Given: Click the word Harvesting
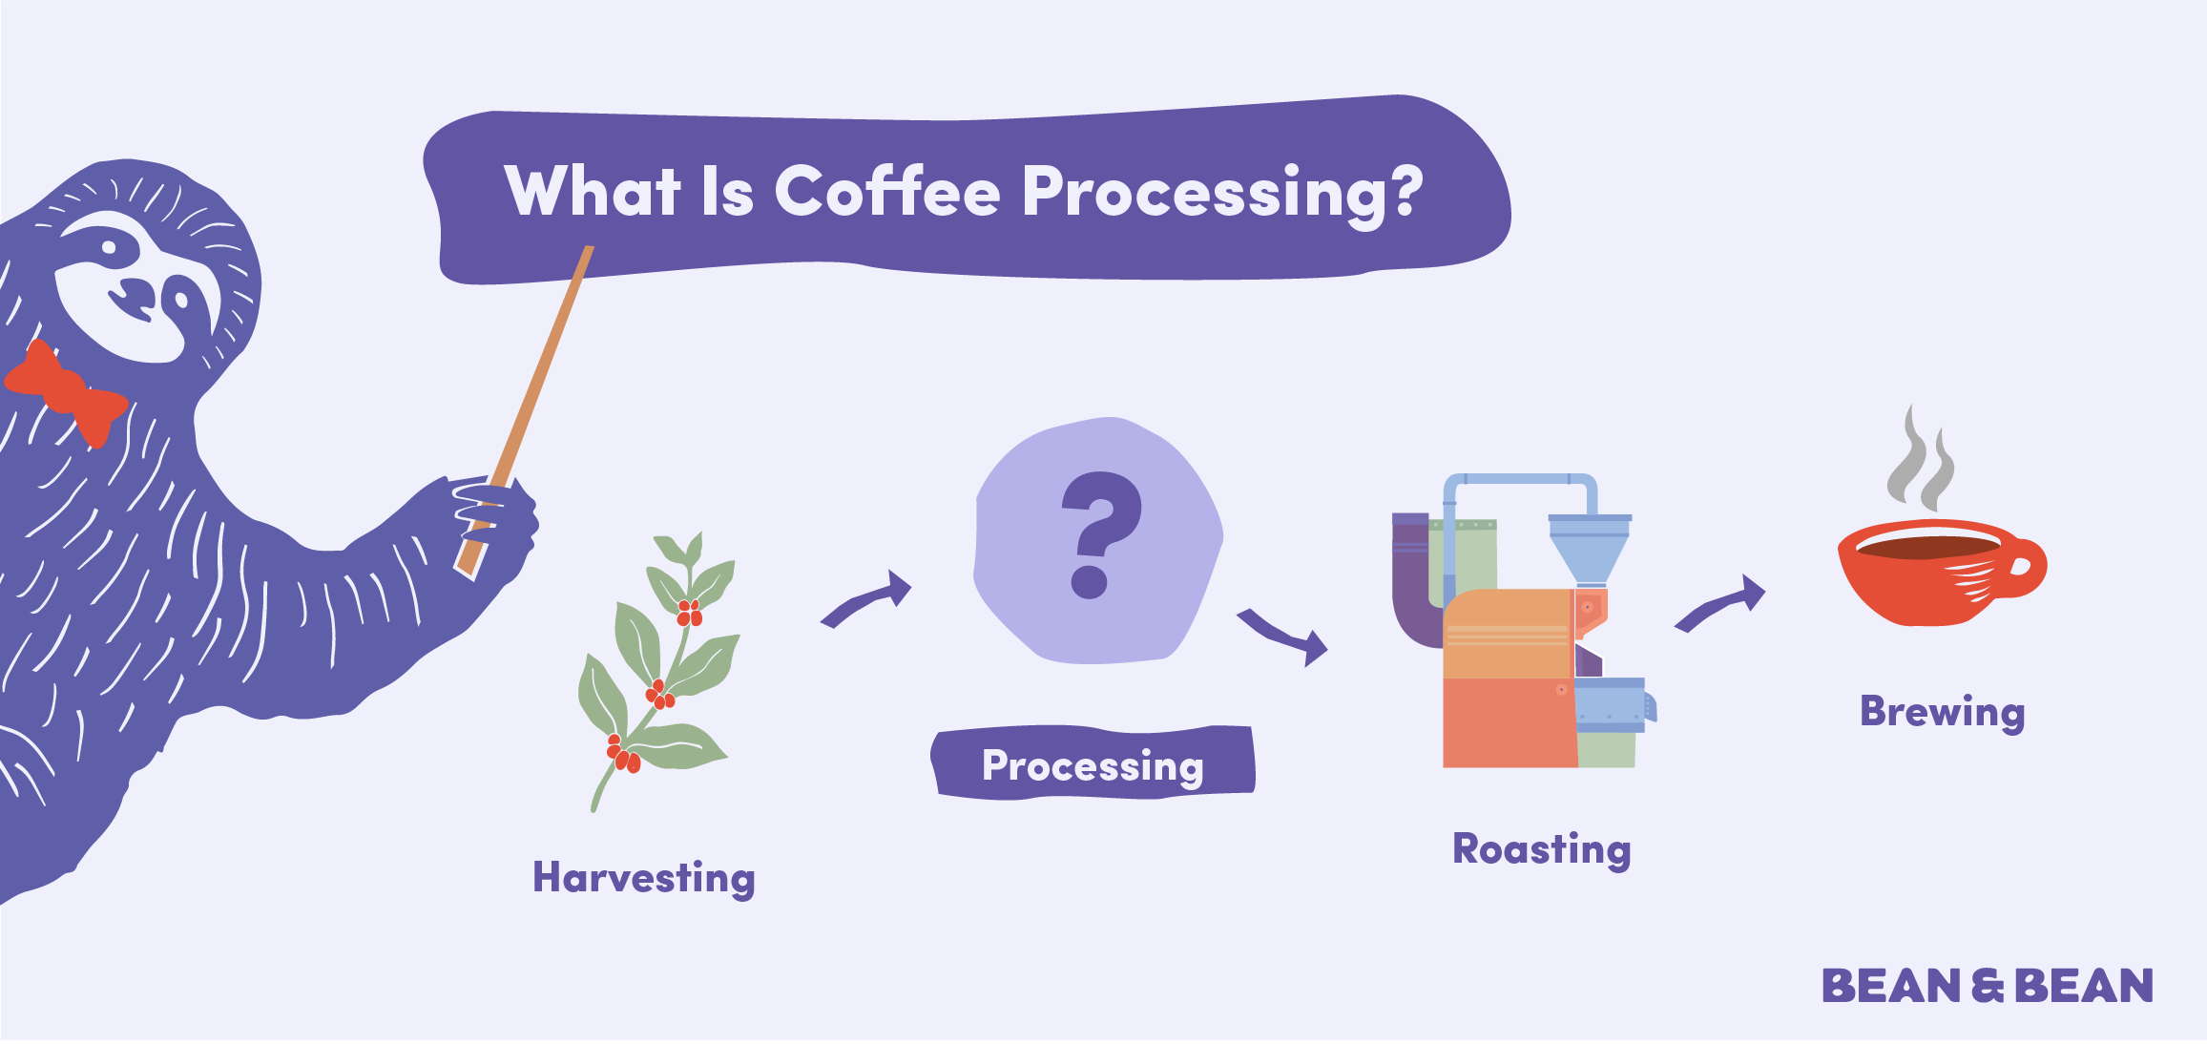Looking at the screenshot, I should click(643, 877).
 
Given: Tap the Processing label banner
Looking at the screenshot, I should click(1093, 764).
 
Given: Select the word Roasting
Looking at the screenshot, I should click(1541, 848).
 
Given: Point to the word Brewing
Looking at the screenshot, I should click(1942, 712).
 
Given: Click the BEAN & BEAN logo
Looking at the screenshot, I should click(1988, 986).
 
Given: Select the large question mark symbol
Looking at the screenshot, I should click(1098, 534).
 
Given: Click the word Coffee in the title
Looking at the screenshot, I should click(886, 192).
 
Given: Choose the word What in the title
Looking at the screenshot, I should click(593, 192).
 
